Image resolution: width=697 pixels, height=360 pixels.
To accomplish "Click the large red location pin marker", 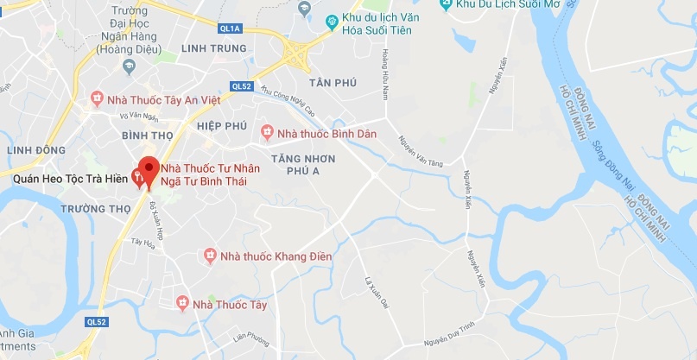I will [149, 171].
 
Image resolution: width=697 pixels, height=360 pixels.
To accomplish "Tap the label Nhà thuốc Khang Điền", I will [267, 256].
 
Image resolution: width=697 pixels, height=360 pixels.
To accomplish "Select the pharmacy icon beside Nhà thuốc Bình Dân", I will [267, 133].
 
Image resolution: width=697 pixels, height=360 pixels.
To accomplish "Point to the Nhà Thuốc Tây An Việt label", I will [163, 99].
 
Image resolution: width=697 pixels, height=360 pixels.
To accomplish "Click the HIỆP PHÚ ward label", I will [222, 125].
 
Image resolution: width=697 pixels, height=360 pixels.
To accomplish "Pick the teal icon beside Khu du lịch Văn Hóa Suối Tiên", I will [333, 20].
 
